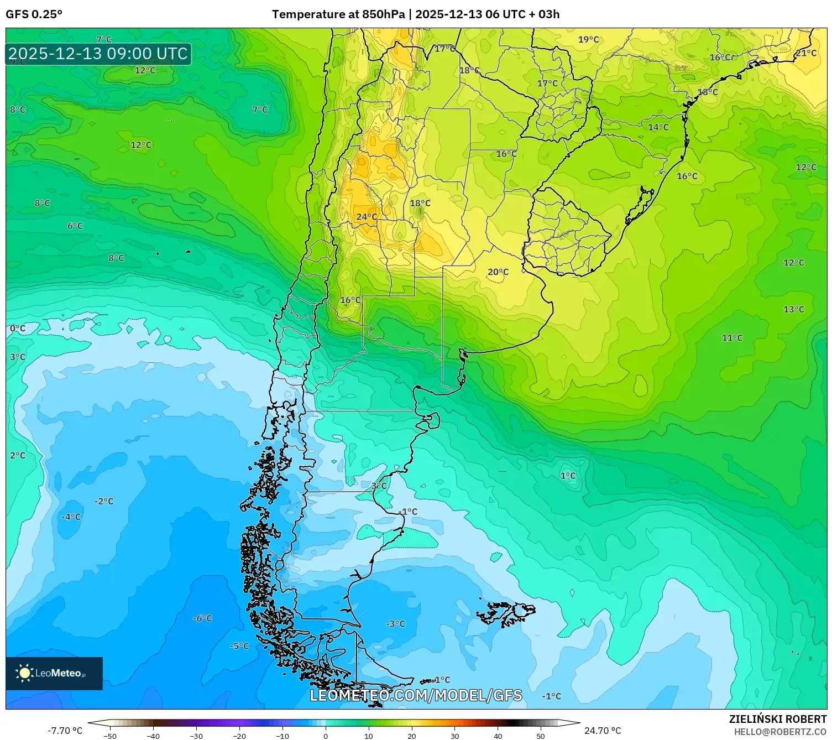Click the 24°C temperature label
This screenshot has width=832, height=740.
click(x=367, y=217)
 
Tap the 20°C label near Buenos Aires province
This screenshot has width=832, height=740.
click(x=498, y=272)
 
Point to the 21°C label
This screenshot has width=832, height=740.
click(x=805, y=53)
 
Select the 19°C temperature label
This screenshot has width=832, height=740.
click(x=588, y=39)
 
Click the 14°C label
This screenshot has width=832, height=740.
click(x=658, y=127)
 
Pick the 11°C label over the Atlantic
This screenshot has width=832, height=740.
click(x=732, y=338)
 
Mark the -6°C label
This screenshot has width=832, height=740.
click(x=202, y=618)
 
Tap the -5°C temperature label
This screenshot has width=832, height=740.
click(x=239, y=646)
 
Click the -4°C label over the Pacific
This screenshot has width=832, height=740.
click(x=71, y=517)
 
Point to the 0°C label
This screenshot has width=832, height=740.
click(x=18, y=329)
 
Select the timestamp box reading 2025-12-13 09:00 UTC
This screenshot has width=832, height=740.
click(x=98, y=54)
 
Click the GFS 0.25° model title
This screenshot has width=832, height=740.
click(x=34, y=14)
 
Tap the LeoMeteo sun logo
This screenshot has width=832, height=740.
click(x=24, y=673)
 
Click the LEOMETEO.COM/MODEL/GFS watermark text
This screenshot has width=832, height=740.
click(x=416, y=695)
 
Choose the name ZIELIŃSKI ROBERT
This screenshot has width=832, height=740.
click(x=777, y=719)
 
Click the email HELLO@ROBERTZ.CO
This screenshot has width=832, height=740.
click(x=779, y=732)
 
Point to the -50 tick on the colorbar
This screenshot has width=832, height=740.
click(x=110, y=736)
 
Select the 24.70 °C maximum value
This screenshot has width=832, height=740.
click(x=603, y=731)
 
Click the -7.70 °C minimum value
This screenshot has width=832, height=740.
click(x=65, y=731)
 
